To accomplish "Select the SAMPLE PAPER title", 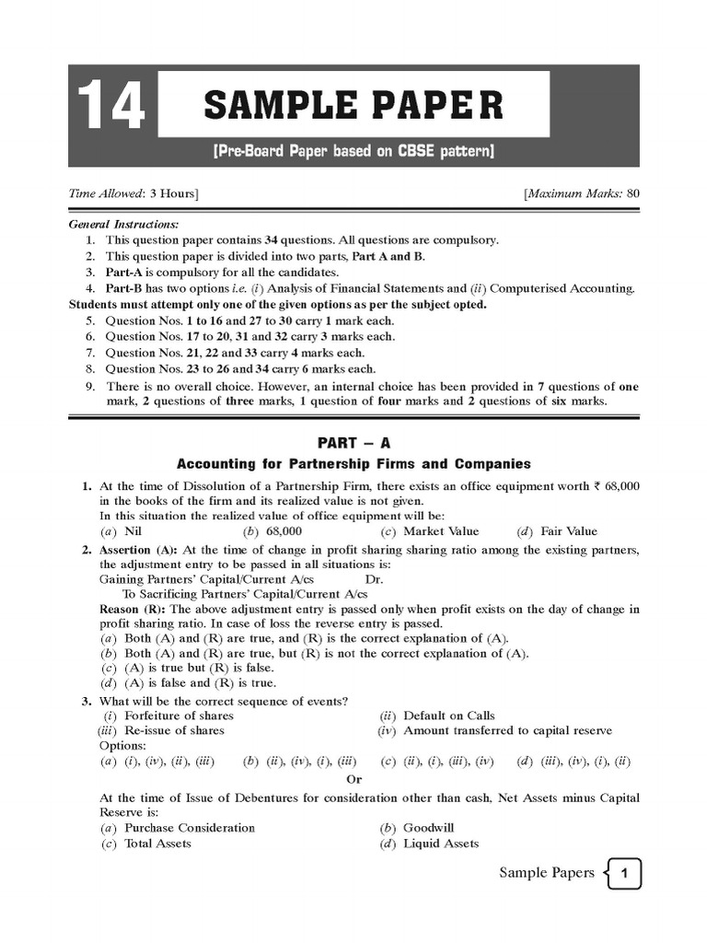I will (353, 105).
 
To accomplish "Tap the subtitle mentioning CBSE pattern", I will (353, 150).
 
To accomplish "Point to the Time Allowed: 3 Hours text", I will (134, 193).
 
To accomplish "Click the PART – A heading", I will (353, 443).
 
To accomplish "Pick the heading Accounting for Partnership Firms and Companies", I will (353, 464).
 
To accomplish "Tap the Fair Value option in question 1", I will (568, 531).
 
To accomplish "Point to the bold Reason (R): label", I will (133, 610).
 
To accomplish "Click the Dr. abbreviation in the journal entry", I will (374, 580).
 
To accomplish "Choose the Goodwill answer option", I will (429, 828).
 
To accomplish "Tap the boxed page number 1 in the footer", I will (626, 874).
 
